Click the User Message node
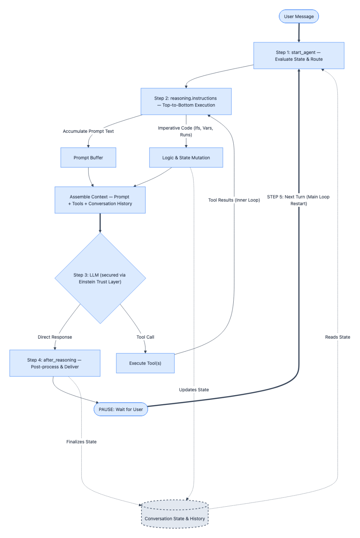coord(299,17)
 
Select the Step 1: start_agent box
coord(299,56)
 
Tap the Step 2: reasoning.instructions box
coord(186,101)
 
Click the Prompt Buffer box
coord(88,158)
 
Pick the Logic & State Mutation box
coord(186,158)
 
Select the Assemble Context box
coord(100,200)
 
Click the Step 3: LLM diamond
coord(100,278)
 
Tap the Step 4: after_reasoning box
coord(55,363)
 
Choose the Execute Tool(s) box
coord(145,363)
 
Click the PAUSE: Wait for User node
coord(121,409)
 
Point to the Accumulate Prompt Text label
coord(88,131)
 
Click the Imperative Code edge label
coord(186,131)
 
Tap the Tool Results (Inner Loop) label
coord(234,200)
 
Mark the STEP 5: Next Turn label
coord(298,200)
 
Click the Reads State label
coord(337,337)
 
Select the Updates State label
coord(194,390)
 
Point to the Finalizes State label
coord(81,442)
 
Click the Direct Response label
coord(55,337)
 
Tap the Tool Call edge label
coord(145,337)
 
